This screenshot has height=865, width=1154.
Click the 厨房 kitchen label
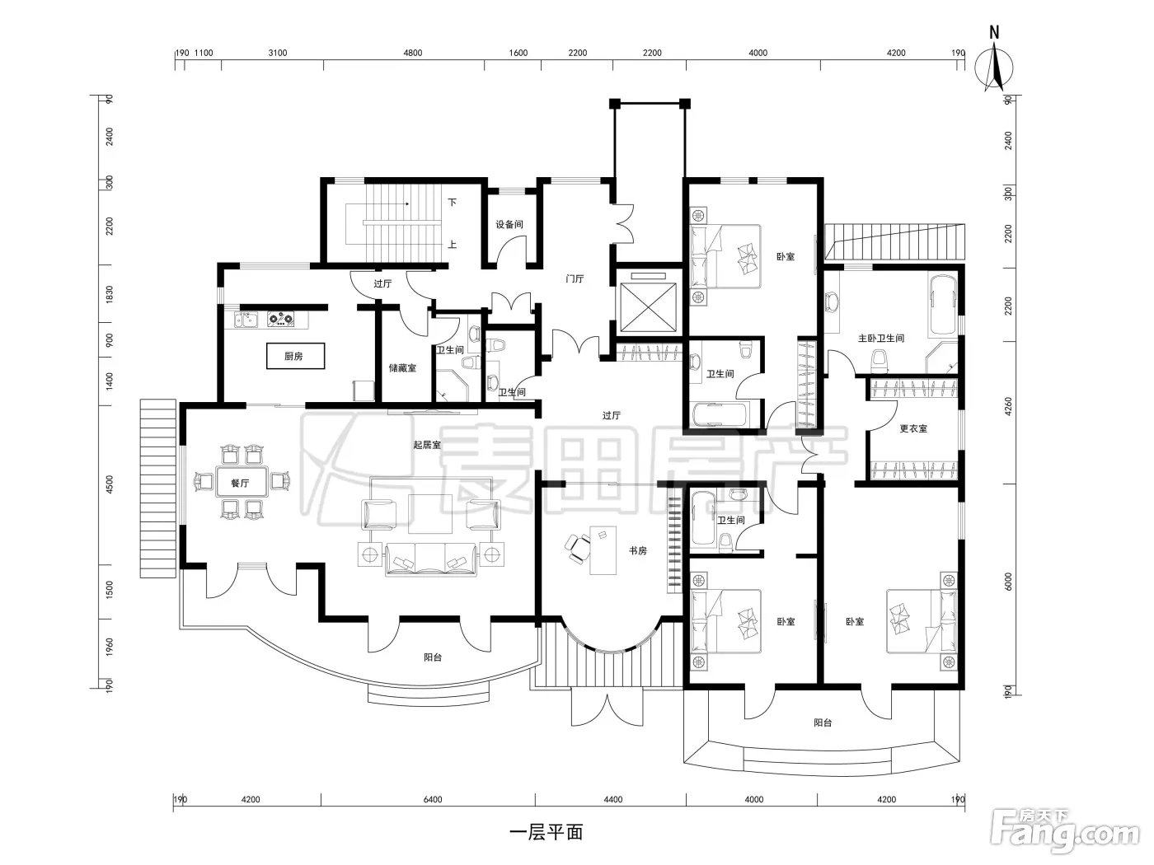point(293,356)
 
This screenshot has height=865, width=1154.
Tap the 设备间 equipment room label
point(509,224)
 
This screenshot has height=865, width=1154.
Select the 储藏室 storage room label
point(402,367)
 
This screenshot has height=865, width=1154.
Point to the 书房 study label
point(638,550)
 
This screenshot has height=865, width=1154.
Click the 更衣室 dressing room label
point(913,428)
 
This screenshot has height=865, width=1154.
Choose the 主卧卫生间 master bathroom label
point(881,339)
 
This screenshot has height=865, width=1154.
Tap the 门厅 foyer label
point(575,278)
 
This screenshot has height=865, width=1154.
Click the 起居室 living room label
point(426,445)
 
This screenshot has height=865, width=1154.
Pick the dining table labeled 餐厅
point(242,482)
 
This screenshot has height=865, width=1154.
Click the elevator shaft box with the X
point(648,307)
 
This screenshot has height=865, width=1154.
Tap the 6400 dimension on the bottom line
point(433,799)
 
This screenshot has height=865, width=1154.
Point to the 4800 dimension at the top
point(413,53)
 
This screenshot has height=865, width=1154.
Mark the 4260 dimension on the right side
point(1008,406)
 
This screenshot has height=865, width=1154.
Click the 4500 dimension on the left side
point(110,484)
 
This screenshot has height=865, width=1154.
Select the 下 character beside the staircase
point(453,202)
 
